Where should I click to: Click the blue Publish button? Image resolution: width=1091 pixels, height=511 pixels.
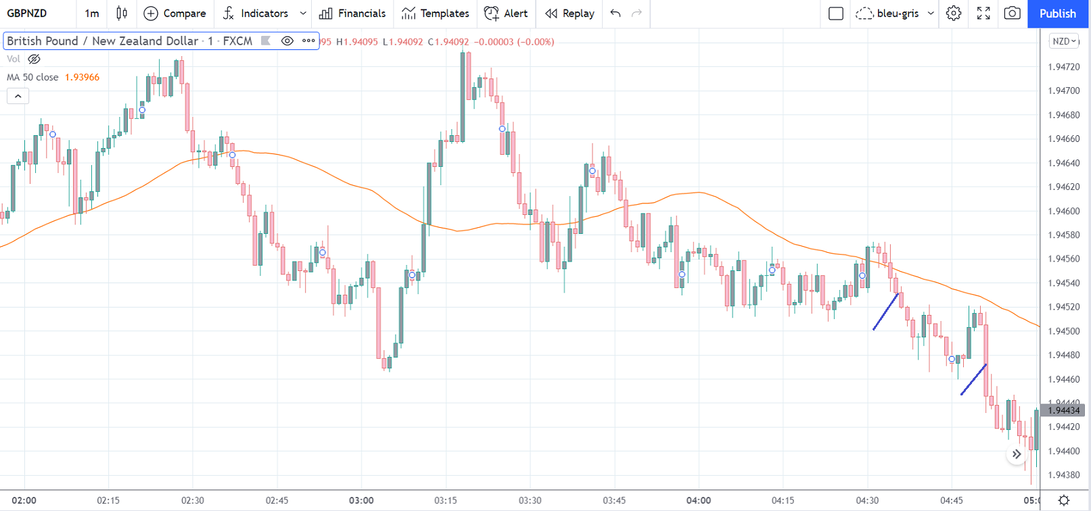tap(1057, 14)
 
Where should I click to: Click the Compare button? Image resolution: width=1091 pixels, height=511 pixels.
tap(175, 14)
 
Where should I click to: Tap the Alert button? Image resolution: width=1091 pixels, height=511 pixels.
tap(506, 14)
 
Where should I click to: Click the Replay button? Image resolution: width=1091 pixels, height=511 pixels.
tap(570, 14)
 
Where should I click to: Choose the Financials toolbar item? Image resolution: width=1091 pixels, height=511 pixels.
tap(352, 14)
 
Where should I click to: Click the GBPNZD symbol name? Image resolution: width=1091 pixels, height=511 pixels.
tap(27, 14)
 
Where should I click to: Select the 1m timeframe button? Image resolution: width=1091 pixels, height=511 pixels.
tap(92, 14)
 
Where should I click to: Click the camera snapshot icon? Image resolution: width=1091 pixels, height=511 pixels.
tap(1012, 14)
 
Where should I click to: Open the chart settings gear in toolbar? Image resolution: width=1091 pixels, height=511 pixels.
tap(954, 14)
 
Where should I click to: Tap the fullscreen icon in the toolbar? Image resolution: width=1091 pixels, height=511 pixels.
tap(983, 14)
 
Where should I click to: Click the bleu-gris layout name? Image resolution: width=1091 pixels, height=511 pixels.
tap(898, 14)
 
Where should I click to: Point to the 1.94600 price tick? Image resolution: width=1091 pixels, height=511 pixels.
tap(1064, 211)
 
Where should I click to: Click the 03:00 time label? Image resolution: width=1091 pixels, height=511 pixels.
tap(361, 501)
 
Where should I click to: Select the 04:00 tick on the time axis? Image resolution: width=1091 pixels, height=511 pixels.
tap(699, 501)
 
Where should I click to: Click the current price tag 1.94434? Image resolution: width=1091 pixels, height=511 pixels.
tap(1064, 410)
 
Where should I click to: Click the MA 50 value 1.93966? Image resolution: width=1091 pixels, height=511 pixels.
tap(82, 77)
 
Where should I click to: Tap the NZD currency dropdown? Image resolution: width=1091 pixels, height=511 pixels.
tap(1064, 41)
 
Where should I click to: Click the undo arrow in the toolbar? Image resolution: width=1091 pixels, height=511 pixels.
tap(615, 14)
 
